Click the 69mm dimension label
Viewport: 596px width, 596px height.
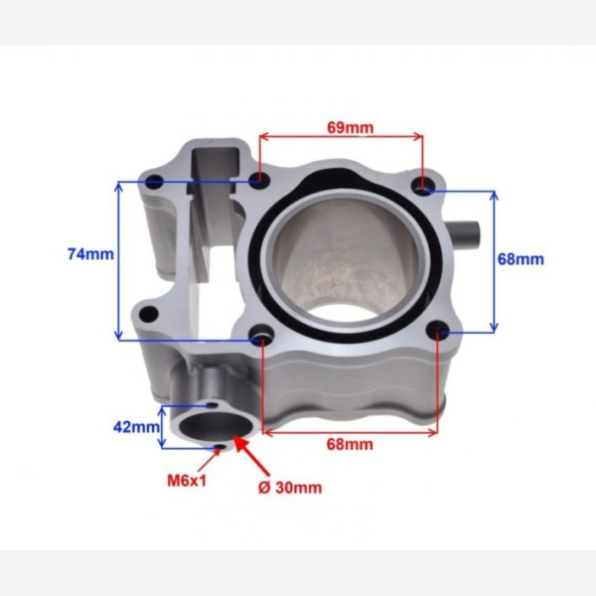350,127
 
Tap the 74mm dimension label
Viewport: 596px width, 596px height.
90,254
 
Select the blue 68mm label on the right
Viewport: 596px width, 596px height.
521,259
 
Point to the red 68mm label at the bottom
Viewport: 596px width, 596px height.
350,444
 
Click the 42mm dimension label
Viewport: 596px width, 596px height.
136,427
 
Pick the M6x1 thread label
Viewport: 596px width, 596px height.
187,481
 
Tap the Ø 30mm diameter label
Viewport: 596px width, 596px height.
290,488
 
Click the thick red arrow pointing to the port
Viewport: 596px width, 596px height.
251,455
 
